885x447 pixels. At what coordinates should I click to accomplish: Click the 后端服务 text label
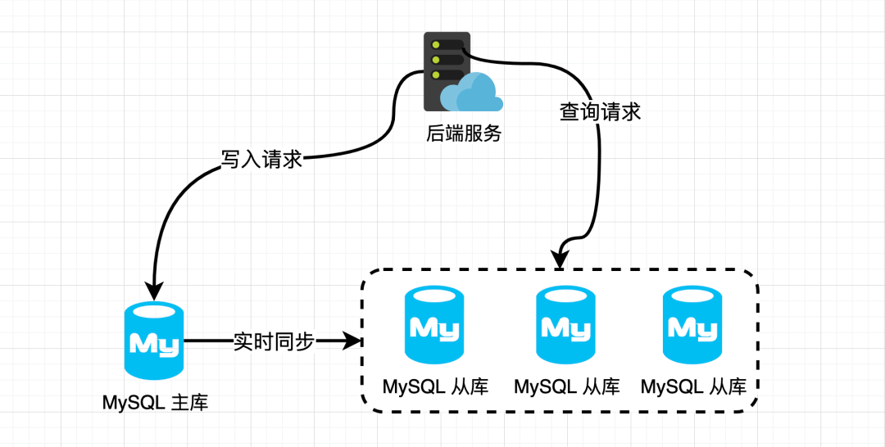click(x=464, y=133)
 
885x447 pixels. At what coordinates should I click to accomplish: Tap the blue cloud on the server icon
click(x=472, y=93)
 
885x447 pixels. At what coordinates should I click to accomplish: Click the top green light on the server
click(x=435, y=44)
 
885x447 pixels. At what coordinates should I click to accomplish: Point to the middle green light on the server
click(x=435, y=59)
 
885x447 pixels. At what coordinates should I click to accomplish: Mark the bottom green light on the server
click(x=435, y=74)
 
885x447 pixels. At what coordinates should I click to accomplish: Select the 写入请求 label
click(x=262, y=159)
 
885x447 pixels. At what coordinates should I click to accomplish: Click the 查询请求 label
click(x=600, y=111)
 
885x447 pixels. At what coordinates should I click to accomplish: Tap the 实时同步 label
click(x=273, y=341)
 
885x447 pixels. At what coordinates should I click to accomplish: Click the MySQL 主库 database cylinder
click(x=154, y=341)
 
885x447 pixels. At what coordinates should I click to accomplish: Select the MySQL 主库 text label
click(x=155, y=403)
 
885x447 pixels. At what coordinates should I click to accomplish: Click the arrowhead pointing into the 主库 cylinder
click(x=154, y=291)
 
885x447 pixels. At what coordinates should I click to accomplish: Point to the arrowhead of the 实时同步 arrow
click(x=351, y=341)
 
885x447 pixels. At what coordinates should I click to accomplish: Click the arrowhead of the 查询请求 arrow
click(x=560, y=260)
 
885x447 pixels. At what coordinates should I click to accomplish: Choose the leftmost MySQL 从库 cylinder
click(x=434, y=325)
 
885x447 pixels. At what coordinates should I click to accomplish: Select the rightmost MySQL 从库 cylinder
click(x=692, y=325)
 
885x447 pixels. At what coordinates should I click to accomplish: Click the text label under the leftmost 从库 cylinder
click(x=436, y=387)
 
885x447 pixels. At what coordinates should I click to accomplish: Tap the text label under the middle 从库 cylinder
click(x=567, y=387)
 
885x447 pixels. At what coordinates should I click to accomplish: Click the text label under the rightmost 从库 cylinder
click(x=694, y=387)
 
